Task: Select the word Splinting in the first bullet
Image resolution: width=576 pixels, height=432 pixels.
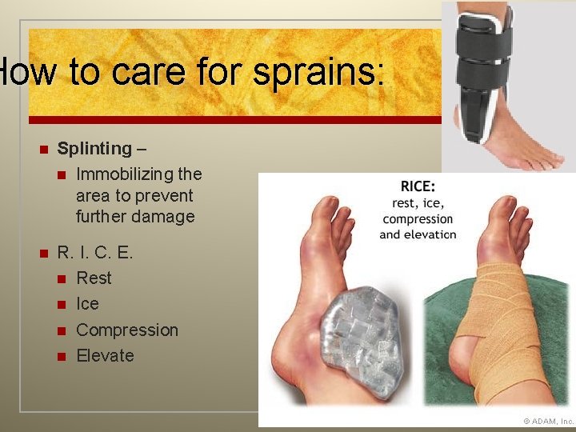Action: [94, 148]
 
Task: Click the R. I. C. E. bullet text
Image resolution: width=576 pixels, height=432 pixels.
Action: [94, 252]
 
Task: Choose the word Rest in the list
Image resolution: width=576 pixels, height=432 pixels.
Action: [94, 278]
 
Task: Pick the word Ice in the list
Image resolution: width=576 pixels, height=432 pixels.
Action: [87, 304]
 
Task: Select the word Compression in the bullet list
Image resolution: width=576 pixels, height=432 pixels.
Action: [126, 330]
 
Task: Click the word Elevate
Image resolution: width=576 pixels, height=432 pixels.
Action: [105, 355]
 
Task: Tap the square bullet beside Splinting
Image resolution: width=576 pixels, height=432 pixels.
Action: [44, 149]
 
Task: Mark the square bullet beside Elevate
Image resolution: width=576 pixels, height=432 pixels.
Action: [62, 356]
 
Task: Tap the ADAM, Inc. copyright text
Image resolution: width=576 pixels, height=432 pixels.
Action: [548, 421]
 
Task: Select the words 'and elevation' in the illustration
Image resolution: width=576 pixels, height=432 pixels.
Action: [417, 234]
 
